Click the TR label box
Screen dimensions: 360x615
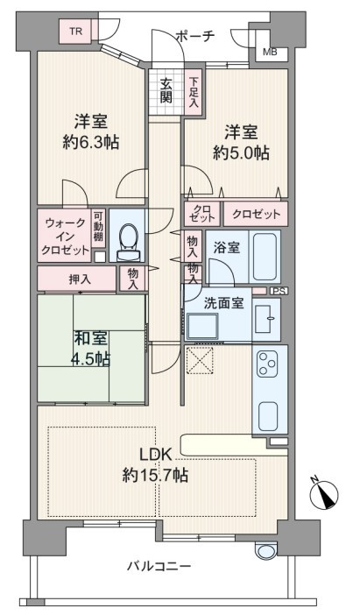[x=76, y=32]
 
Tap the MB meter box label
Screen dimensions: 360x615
[x=270, y=52]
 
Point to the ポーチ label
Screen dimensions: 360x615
[x=196, y=36]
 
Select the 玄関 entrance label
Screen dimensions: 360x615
[x=166, y=90]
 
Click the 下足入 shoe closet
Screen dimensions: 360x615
[x=194, y=93]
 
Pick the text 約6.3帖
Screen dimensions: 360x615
[x=91, y=142]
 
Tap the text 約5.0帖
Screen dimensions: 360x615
[x=241, y=152]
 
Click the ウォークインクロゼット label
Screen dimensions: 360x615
[x=65, y=237]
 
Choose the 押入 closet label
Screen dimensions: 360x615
[x=80, y=279]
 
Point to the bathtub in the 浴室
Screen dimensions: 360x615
[x=264, y=256]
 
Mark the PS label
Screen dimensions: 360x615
[x=279, y=291]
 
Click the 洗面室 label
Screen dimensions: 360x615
[x=223, y=303]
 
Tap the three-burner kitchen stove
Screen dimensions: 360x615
[x=267, y=363]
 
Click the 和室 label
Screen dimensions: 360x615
[x=90, y=338]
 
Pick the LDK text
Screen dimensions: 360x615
[x=156, y=455]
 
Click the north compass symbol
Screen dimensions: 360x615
[x=324, y=493]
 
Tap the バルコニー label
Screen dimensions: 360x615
[x=159, y=566]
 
